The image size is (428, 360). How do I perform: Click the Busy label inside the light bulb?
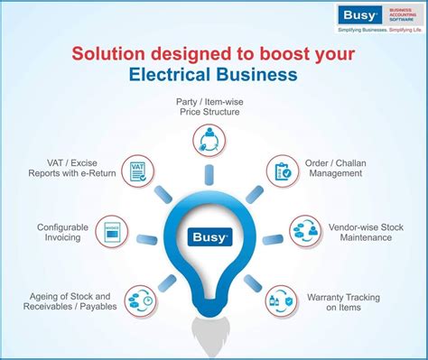(x=214, y=238)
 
